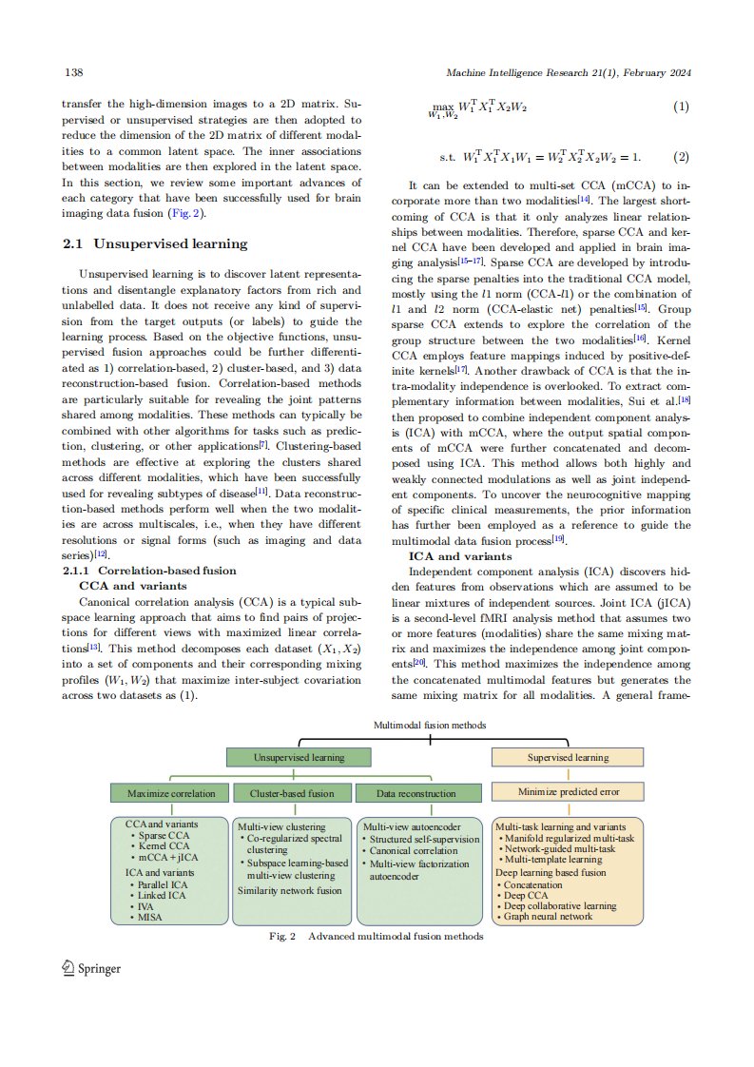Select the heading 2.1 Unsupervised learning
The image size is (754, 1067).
tap(155, 244)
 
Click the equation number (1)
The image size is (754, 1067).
tap(680, 107)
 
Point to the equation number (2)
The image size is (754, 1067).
tap(680, 156)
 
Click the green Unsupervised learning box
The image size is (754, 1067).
tap(298, 757)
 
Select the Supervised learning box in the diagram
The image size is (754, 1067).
tap(568, 757)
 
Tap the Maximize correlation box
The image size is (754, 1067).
tap(171, 792)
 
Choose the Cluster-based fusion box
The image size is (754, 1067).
tap(291, 792)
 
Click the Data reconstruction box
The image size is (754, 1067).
tap(416, 792)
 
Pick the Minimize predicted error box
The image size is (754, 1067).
tap(568, 791)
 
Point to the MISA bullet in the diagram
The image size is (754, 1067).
tap(149, 918)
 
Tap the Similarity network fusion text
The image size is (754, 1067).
tap(289, 891)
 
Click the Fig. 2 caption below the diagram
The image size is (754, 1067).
tap(377, 936)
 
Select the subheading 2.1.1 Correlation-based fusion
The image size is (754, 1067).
tap(148, 571)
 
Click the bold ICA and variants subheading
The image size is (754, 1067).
tap(460, 556)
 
